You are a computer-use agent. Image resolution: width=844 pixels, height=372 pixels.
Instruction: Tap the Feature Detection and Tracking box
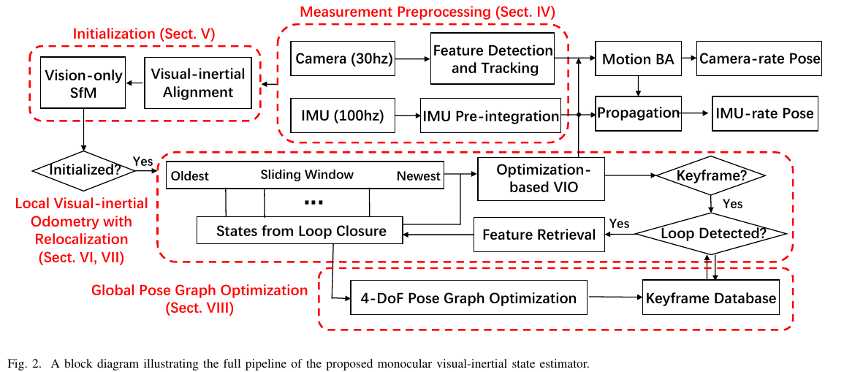tap(492, 59)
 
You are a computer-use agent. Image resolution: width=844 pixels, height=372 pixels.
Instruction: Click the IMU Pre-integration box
tap(490, 115)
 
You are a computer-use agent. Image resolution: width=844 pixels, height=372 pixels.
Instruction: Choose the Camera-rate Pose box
tap(760, 58)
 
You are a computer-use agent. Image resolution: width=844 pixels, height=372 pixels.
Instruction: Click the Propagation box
tap(639, 114)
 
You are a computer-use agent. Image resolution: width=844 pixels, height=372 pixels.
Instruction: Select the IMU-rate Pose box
tap(764, 114)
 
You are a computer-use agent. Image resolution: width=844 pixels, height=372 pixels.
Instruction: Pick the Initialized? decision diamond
tap(85, 170)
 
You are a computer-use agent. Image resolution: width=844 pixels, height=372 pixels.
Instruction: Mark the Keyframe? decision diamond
tap(710, 177)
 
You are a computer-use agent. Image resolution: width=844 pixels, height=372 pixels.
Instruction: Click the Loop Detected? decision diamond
tap(710, 234)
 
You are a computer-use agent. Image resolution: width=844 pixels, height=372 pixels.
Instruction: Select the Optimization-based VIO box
tap(541, 179)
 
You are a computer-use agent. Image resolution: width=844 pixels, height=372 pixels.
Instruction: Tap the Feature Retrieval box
tap(539, 235)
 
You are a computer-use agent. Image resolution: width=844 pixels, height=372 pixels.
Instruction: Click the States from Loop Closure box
tap(301, 232)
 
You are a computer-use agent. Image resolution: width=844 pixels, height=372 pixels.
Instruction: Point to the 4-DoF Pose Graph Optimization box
tap(469, 297)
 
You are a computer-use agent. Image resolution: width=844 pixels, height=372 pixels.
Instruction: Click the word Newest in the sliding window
tap(419, 175)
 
